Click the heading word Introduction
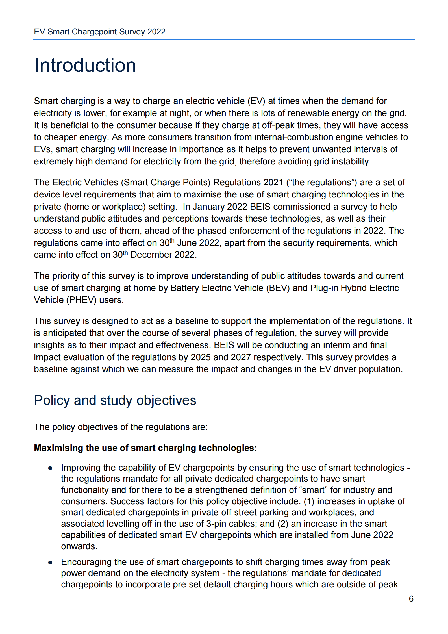coord(85,65)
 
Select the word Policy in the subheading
coord(52,400)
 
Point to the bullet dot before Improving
coord(50,468)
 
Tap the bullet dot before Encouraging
coord(50,563)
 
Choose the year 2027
coord(241,357)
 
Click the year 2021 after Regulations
coord(273,182)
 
